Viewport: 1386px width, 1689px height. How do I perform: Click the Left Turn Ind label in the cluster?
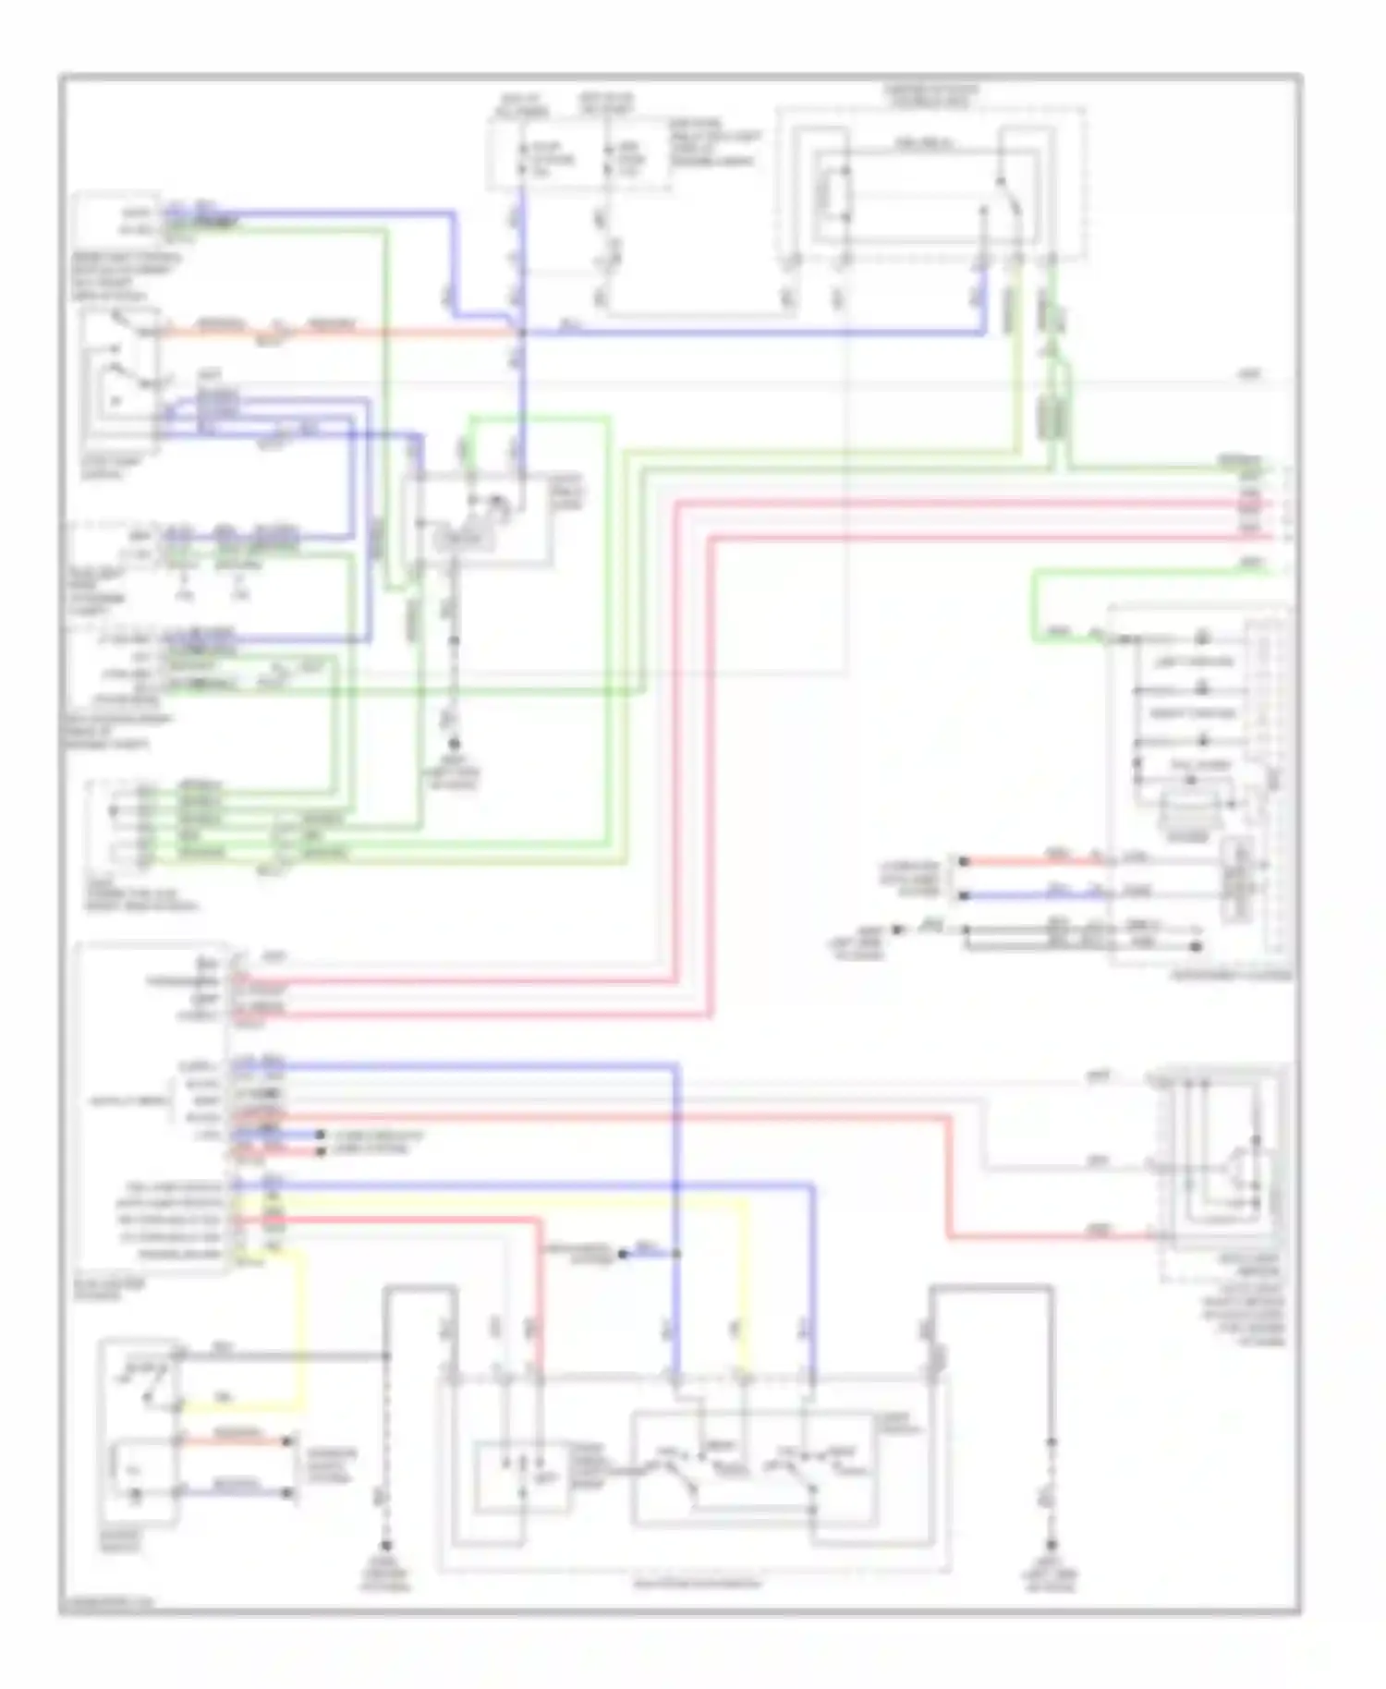coord(1194,662)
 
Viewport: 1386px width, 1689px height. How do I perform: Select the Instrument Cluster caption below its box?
coord(1232,976)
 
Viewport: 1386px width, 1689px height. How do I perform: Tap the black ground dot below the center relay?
coord(454,744)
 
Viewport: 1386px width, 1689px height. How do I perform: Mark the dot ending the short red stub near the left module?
coord(320,1151)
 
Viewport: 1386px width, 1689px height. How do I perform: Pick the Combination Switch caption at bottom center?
coord(698,1584)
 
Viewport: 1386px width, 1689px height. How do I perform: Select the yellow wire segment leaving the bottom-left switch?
coord(240,1408)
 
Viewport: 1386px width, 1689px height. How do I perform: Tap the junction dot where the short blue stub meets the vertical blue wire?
coord(677,1254)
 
